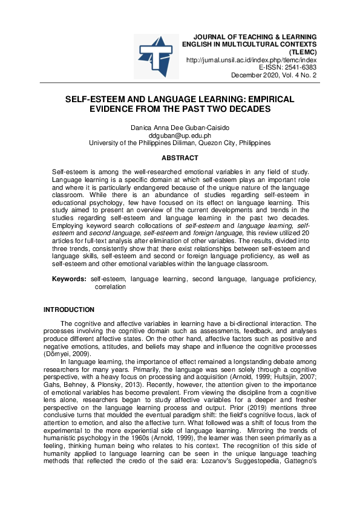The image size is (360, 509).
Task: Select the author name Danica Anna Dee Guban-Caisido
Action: click(x=180, y=128)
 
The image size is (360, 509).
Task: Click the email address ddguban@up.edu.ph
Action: click(x=180, y=136)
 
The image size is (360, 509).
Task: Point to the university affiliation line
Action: click(x=180, y=143)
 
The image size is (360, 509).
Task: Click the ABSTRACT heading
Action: click(x=180, y=158)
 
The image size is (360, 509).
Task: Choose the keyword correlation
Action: click(x=110, y=287)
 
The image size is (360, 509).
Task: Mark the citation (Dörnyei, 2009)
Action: click(x=65, y=353)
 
